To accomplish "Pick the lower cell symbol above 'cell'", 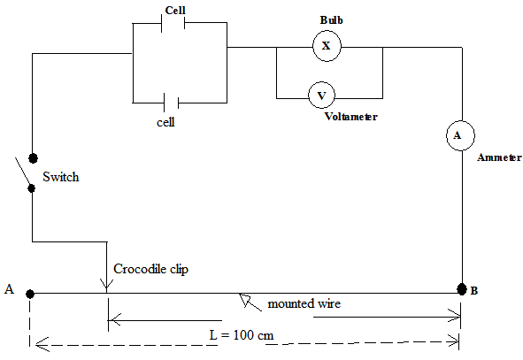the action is pos(171,103).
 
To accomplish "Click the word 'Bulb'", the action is pos(332,20).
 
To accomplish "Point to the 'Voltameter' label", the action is pos(351,117).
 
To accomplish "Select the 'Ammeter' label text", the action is pos(499,157).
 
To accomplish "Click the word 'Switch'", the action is pos(61,177).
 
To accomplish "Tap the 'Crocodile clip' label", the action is pos(150,269).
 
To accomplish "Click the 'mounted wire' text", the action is pos(304,303).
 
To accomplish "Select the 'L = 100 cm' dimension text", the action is pos(242,335).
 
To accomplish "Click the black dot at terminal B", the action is pos(462,289).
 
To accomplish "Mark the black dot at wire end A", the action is pos(30,294).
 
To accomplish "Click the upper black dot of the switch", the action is pos(33,158).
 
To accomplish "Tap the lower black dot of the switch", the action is pos(31,188).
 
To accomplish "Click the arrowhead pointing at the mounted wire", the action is pos(245,299).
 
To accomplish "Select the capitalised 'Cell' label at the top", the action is pos(175,11).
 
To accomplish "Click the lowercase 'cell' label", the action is pos(165,122).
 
